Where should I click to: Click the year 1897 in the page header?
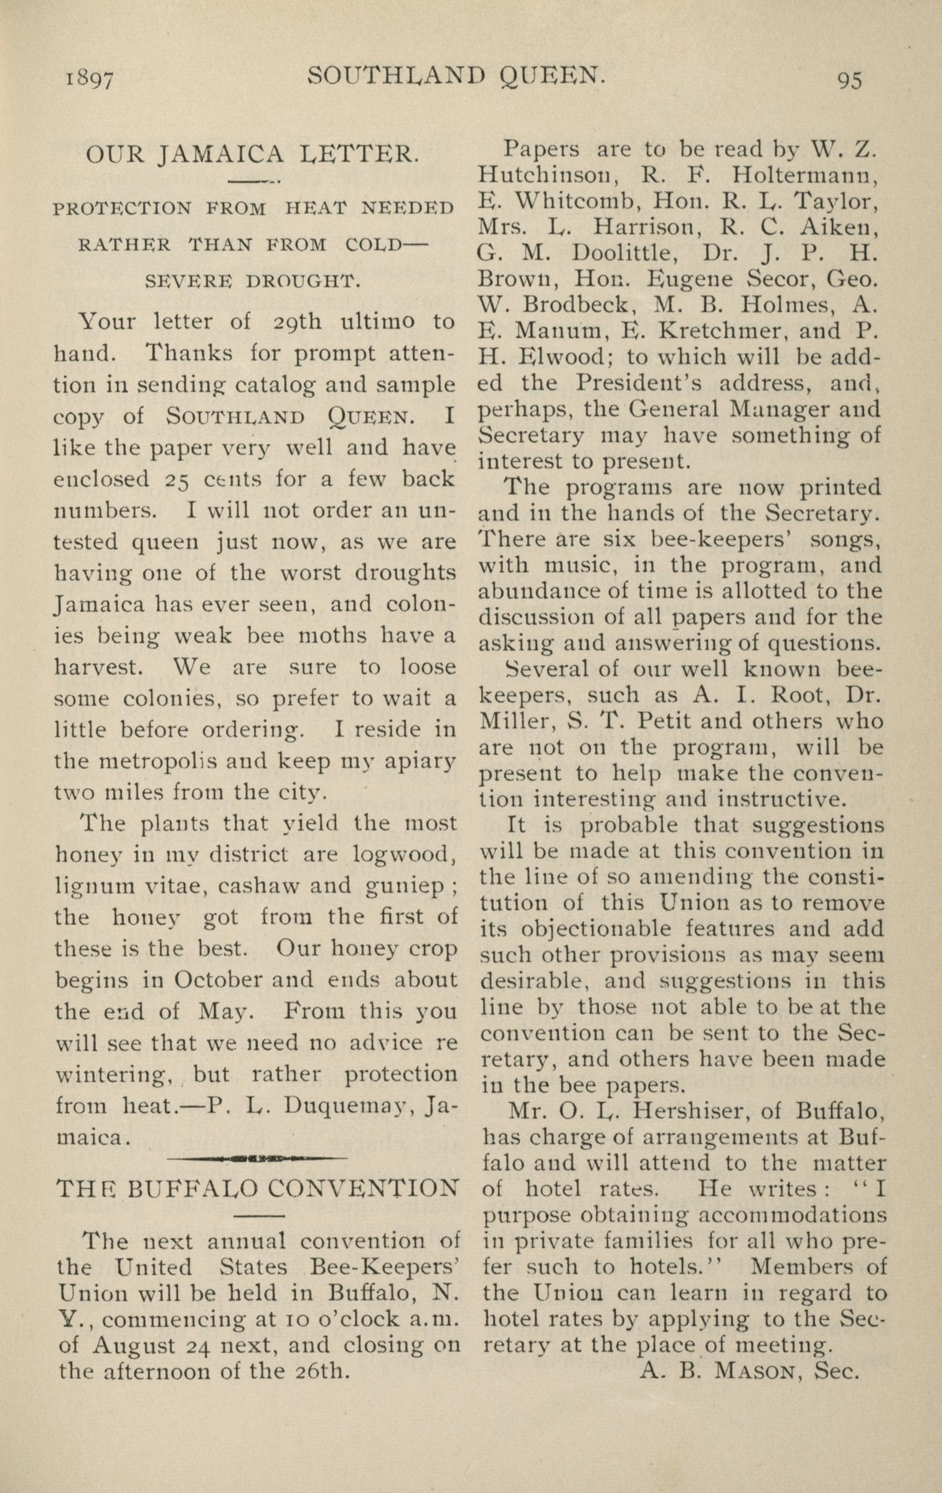coord(89,80)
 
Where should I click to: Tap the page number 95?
coord(849,80)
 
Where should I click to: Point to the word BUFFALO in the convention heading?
coord(193,1188)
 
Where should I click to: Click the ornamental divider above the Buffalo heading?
coord(257,1158)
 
